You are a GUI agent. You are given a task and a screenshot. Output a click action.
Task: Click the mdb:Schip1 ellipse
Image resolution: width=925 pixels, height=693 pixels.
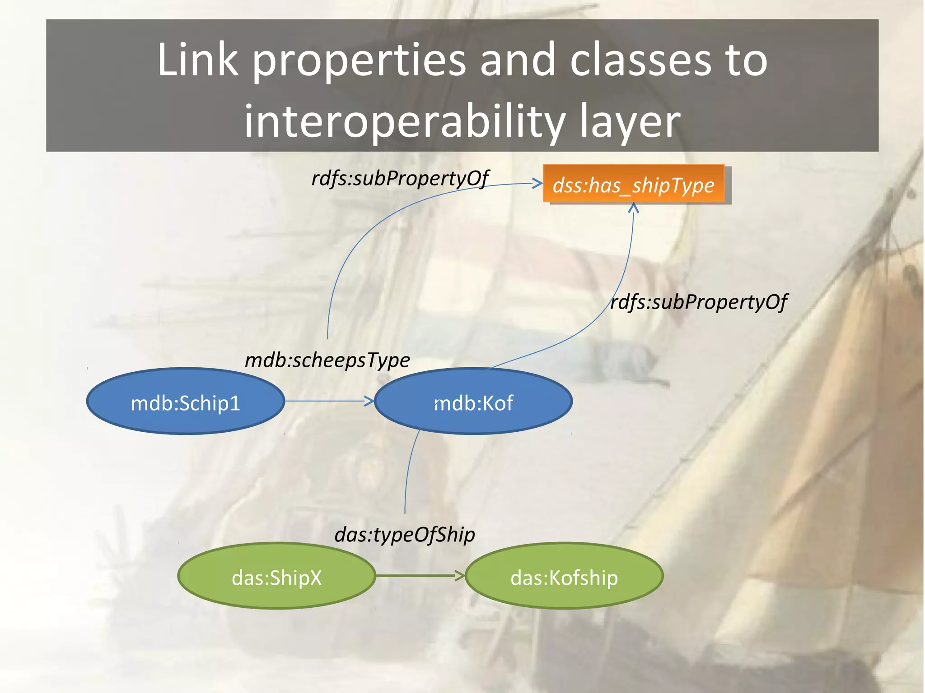point(185,401)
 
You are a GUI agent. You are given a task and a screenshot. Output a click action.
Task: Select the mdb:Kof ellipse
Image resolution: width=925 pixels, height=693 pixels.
point(473,401)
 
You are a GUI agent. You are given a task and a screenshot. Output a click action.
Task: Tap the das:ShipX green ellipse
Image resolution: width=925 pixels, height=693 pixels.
point(276,576)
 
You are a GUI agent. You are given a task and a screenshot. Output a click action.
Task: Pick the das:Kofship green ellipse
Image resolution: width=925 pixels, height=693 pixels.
point(564,576)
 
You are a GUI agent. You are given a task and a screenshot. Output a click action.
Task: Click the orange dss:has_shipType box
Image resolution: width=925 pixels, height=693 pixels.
point(633,185)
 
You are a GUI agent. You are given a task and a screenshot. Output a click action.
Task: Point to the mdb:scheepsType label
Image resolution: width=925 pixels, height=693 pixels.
point(327,360)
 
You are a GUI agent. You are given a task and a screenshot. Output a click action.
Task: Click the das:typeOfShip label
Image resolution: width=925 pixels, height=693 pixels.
point(405,535)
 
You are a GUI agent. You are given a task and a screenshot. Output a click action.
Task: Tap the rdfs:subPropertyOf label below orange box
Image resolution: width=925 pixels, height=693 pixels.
point(699,302)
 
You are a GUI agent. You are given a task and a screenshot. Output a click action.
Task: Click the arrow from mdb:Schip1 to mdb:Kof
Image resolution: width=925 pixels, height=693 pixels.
point(329,401)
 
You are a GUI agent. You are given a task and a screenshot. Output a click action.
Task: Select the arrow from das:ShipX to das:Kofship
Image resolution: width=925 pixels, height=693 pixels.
point(420,575)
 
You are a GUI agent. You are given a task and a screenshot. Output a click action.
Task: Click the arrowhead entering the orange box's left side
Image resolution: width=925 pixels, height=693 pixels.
point(537,183)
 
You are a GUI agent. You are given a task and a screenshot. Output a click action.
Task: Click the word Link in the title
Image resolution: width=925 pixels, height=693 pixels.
point(197,60)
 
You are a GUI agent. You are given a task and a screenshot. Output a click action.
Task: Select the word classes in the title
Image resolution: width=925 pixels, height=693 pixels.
point(640,60)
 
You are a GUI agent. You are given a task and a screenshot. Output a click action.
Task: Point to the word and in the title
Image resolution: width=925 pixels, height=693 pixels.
point(518,60)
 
